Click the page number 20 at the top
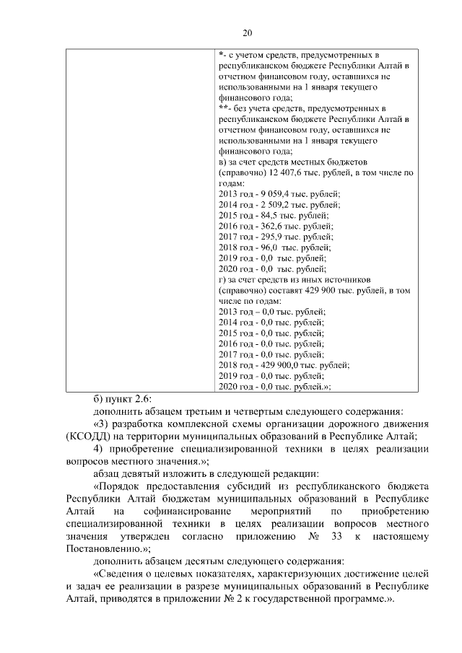pyautogui.click(x=247, y=33)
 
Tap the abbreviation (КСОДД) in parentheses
pyautogui.click(x=90, y=436)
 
